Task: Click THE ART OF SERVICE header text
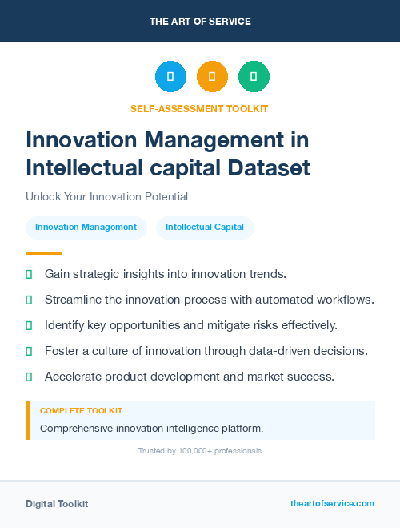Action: click(200, 21)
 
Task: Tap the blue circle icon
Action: click(170, 77)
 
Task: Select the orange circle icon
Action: click(212, 77)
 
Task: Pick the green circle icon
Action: click(254, 77)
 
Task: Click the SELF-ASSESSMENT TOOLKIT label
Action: click(199, 108)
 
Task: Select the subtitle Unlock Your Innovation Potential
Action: click(106, 196)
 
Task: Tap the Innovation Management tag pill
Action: click(86, 227)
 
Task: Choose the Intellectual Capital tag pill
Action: click(205, 227)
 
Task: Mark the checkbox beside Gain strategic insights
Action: click(29, 274)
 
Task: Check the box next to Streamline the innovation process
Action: click(29, 300)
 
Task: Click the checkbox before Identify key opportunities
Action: click(29, 325)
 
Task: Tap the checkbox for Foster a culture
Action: click(29, 351)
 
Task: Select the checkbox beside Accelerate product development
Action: click(29, 377)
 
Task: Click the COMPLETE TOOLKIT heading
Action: click(81, 411)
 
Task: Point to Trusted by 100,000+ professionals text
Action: click(200, 451)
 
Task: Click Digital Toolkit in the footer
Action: click(57, 504)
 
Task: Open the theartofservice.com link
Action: click(332, 503)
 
